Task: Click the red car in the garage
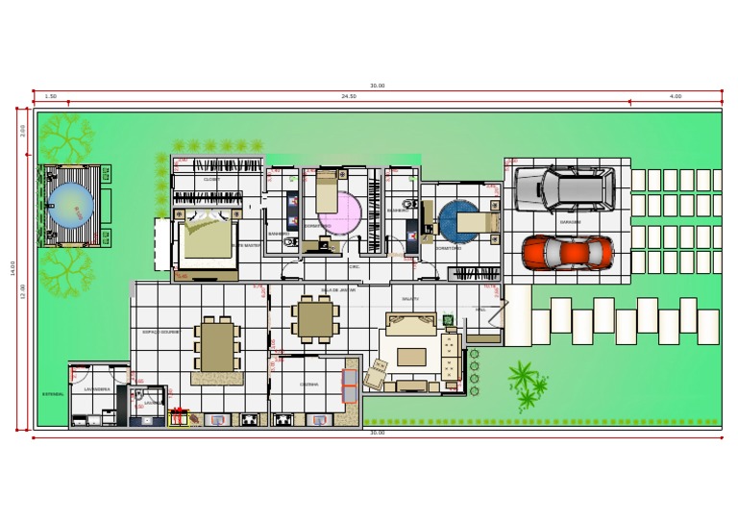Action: pyautogui.click(x=567, y=252)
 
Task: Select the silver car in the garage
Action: pyautogui.click(x=563, y=188)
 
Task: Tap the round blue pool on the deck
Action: pyautogui.click(x=71, y=205)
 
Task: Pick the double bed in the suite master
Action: pyautogui.click(x=204, y=237)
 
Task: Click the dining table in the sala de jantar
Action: pyautogui.click(x=315, y=319)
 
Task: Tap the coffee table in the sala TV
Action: pyautogui.click(x=411, y=357)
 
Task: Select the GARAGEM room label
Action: pyautogui.click(x=571, y=222)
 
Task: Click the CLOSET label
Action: pyautogui.click(x=211, y=180)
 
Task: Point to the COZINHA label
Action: pyautogui.click(x=308, y=384)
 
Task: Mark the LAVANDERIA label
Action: pyautogui.click(x=97, y=389)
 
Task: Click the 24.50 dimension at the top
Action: pyautogui.click(x=349, y=96)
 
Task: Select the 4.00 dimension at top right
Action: pyautogui.click(x=676, y=96)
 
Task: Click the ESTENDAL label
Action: pyautogui.click(x=53, y=394)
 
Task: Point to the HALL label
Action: pyautogui.click(x=480, y=310)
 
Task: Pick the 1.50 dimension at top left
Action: pyautogui.click(x=51, y=96)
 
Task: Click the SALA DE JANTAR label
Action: pyautogui.click(x=338, y=289)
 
